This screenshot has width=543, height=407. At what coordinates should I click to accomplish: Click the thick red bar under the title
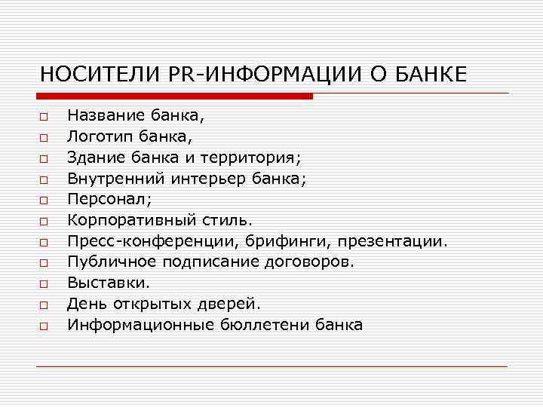click(x=174, y=96)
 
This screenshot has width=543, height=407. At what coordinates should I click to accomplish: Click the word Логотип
click(x=97, y=136)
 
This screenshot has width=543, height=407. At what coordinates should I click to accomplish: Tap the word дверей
click(x=229, y=304)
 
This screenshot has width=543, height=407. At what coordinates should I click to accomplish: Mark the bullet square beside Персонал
click(x=44, y=200)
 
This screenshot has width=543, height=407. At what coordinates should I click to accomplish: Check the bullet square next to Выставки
click(x=44, y=284)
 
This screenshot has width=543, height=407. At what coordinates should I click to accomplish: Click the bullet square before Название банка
click(x=44, y=117)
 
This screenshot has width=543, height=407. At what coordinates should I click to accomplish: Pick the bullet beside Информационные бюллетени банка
click(x=44, y=326)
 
